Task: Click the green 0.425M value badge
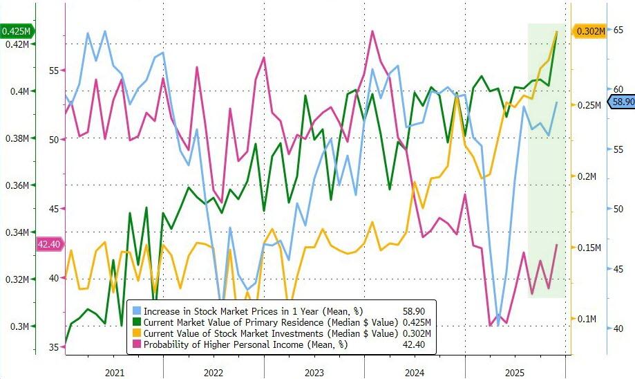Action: pyautogui.click(x=16, y=31)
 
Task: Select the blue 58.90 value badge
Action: pyautogui.click(x=620, y=102)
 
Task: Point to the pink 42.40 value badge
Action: pyautogui.click(x=48, y=244)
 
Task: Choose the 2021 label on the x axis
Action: pyautogui.click(x=115, y=373)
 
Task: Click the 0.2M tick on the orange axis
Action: pyautogui.click(x=587, y=176)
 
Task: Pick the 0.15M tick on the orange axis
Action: pyautogui.click(x=587, y=248)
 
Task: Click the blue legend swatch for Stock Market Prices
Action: pyautogui.click(x=137, y=311)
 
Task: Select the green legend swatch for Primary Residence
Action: pyautogui.click(x=137, y=322)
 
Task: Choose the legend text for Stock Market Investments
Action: pyautogui.click(x=270, y=333)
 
